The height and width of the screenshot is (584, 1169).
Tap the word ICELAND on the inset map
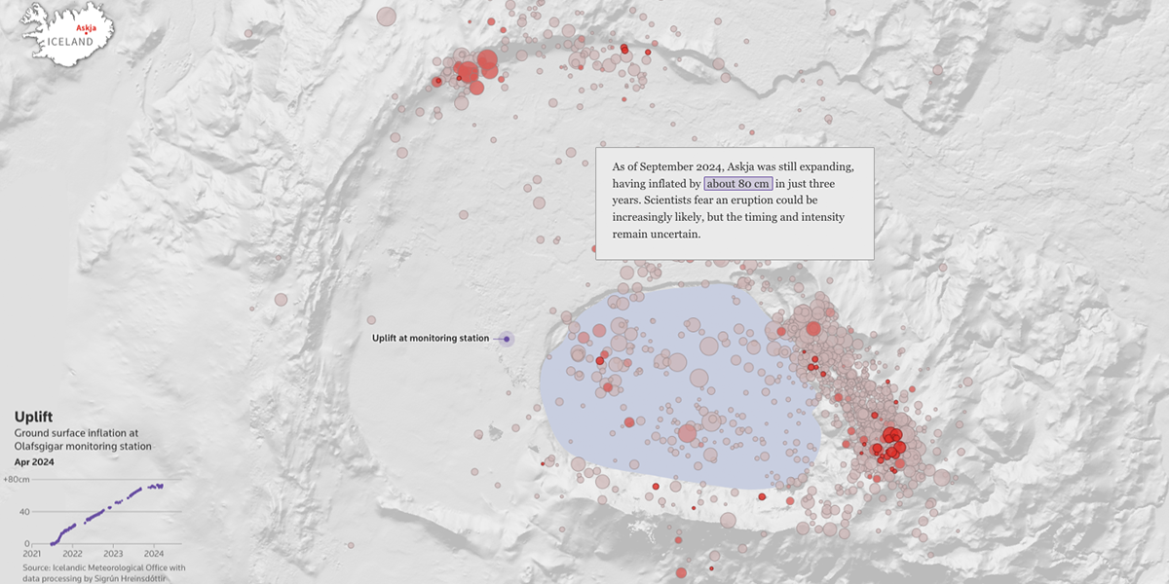(x=72, y=43)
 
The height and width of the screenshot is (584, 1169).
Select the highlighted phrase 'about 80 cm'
(x=738, y=183)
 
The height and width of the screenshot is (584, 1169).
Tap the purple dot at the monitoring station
(x=507, y=339)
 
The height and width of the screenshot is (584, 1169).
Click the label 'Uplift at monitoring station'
(x=430, y=339)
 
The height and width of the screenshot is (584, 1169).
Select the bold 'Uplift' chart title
(x=33, y=417)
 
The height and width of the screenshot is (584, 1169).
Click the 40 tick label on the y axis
(x=25, y=512)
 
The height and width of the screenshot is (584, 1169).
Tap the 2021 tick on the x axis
(x=33, y=553)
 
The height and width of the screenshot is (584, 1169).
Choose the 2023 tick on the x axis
(x=113, y=553)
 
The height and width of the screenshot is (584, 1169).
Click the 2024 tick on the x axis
(x=153, y=553)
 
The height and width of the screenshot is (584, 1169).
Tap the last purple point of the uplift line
(x=162, y=485)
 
